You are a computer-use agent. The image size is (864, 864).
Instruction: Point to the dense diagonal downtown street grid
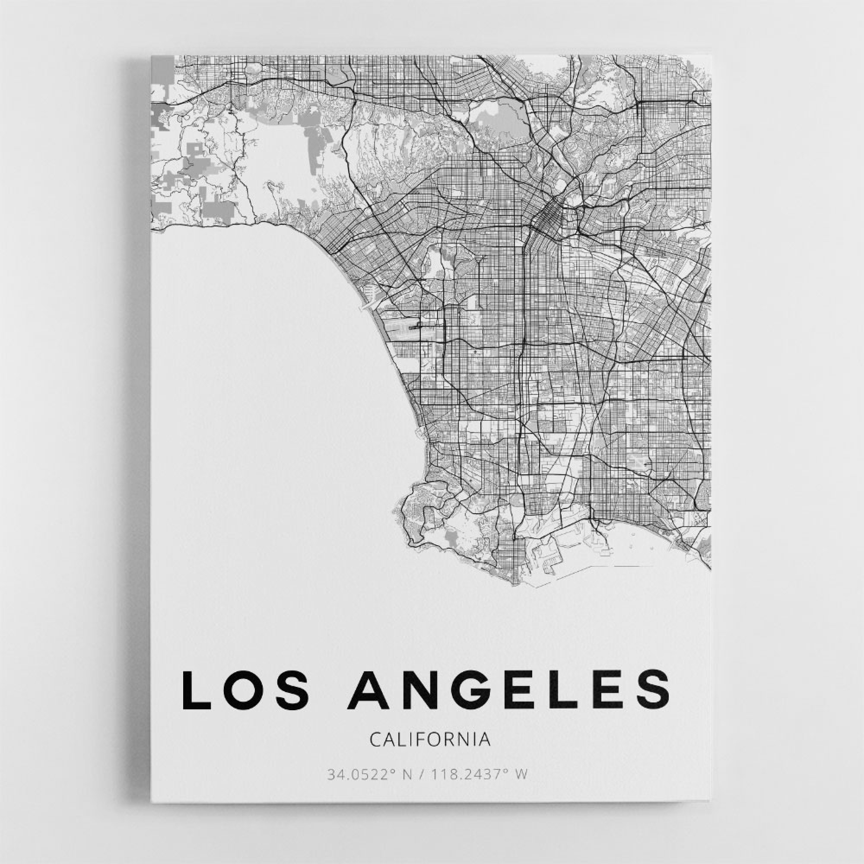[x=546, y=219]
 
